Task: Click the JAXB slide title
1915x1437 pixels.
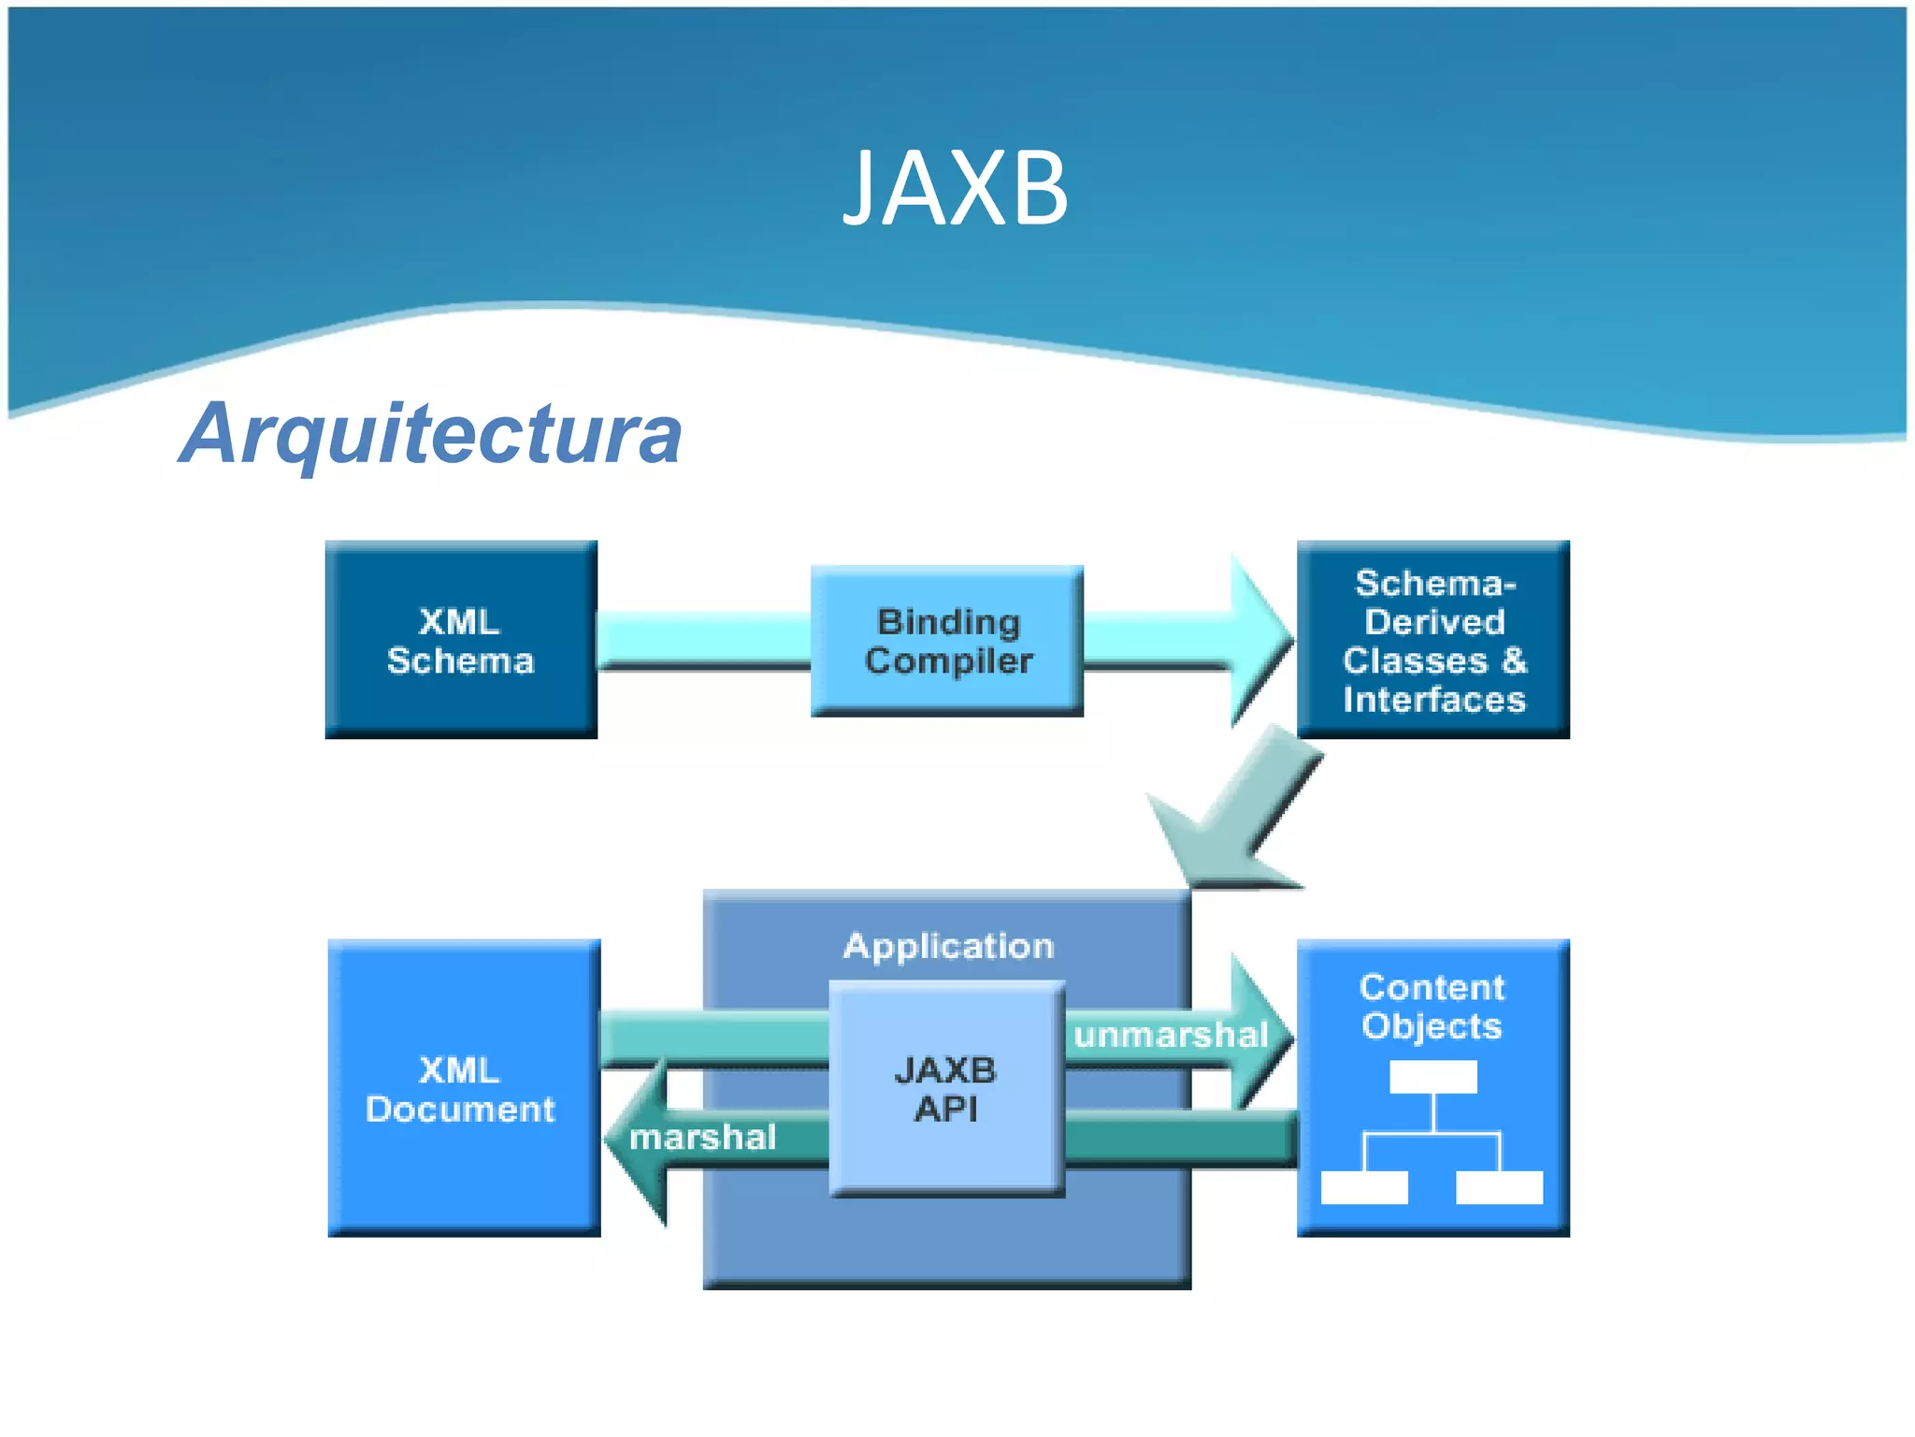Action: click(x=955, y=188)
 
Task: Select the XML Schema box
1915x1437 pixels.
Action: click(x=461, y=640)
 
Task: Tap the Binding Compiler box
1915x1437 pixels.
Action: click(x=947, y=641)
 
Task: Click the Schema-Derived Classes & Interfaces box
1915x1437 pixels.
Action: click(x=1433, y=640)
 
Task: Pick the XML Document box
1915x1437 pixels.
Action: click(x=463, y=1087)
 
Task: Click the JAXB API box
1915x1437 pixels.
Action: click(x=946, y=1089)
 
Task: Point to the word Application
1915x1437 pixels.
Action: click(x=948, y=946)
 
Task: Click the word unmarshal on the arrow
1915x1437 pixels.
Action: click(x=1171, y=1035)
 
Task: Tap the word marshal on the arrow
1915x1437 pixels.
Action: click(x=702, y=1138)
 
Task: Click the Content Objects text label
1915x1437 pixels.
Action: click(x=1432, y=1007)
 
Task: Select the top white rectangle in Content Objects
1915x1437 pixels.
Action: click(x=1433, y=1077)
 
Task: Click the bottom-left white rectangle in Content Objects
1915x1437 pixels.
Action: click(x=1364, y=1187)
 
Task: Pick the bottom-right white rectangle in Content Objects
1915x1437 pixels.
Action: click(x=1500, y=1187)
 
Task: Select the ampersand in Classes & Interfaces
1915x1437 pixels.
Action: click(x=1514, y=660)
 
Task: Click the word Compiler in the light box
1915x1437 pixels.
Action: click(x=948, y=661)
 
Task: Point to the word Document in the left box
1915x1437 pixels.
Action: click(x=460, y=1110)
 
